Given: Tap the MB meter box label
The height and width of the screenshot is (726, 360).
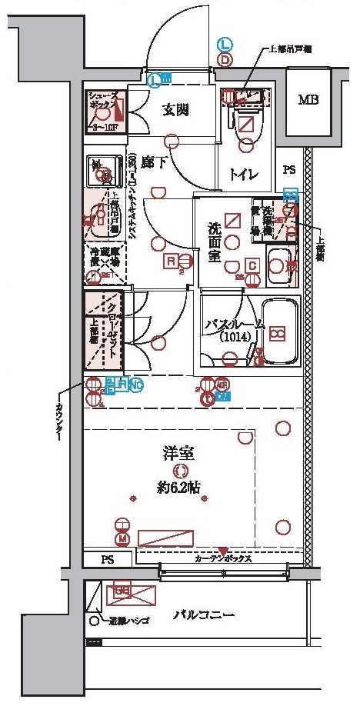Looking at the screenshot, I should coord(309,100).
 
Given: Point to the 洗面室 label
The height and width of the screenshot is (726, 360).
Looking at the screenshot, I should coord(216,242).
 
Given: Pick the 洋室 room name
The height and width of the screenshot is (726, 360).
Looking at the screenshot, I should coord(179,453).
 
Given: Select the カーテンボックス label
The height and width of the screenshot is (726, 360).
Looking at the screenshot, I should coord(223,559).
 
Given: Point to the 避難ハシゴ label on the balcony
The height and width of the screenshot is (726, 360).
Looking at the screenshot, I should coord(123,620).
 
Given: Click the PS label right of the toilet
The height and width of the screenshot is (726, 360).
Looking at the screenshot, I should coord(289,170).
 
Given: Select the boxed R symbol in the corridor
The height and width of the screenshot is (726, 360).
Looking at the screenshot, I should coord(172,261).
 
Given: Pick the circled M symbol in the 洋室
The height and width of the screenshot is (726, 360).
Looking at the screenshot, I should coord(122,538).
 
